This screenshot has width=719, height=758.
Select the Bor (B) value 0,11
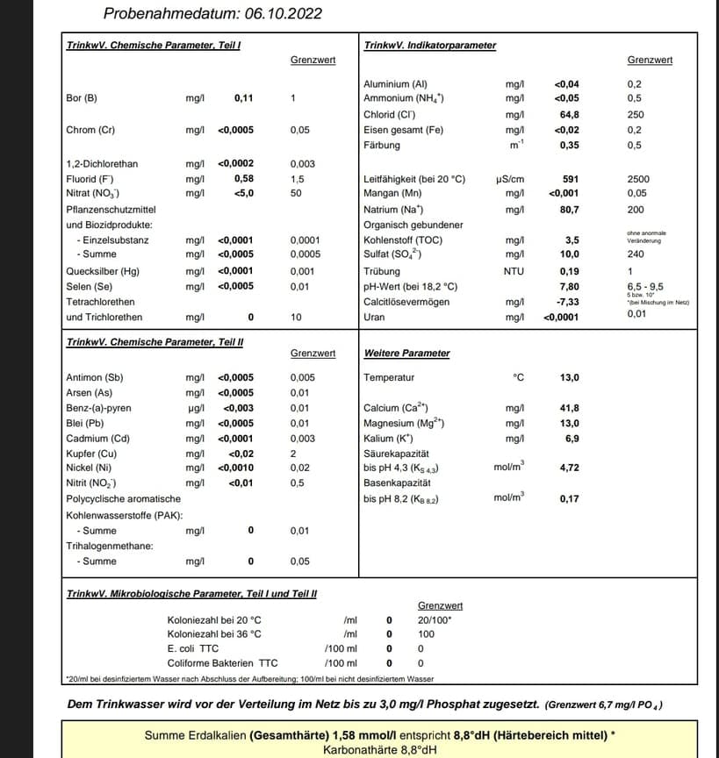243,97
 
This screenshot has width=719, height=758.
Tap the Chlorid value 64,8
569,114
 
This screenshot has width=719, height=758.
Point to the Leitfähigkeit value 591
571,179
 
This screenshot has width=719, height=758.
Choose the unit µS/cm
510,179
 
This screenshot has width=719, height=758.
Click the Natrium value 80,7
569,210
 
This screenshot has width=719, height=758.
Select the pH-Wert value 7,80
569,287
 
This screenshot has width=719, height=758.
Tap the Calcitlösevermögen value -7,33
567,302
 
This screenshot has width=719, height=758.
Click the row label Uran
374,318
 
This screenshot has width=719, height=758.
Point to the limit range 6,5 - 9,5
645,287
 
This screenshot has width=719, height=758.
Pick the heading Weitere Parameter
406,354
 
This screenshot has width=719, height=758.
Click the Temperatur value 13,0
569,377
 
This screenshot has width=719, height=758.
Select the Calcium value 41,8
569,408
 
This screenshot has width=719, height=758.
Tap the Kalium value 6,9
572,438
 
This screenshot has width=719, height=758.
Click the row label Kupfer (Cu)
91,454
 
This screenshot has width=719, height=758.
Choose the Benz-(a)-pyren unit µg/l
196,408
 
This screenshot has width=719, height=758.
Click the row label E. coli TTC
192,648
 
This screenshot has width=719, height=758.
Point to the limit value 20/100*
435,620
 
